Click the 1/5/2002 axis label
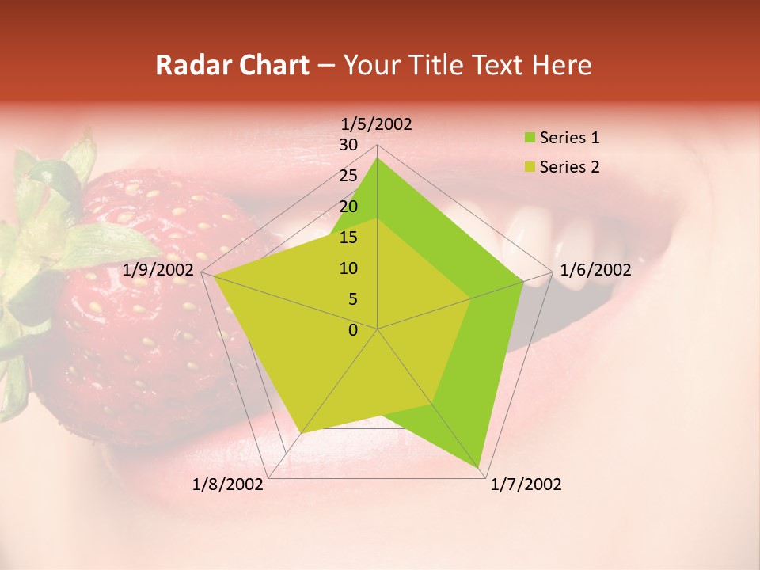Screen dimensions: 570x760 [x=377, y=124]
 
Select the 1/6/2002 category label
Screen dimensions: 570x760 [x=595, y=270]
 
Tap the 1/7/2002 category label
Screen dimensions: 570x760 [x=526, y=484]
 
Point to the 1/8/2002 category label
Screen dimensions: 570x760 [x=228, y=484]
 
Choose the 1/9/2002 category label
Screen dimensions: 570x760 [x=158, y=270]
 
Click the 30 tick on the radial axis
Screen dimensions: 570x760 [x=348, y=145]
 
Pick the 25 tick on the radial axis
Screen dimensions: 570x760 [x=348, y=176]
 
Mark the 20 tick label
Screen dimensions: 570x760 [x=348, y=207]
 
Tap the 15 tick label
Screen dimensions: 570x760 [x=348, y=237]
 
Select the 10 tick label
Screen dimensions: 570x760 [x=348, y=268]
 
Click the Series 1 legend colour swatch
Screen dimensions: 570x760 [x=530, y=139]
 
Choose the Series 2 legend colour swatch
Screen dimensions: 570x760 [x=530, y=167]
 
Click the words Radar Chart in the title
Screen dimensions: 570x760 [x=232, y=65]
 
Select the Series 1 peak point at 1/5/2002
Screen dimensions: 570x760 [x=378, y=158]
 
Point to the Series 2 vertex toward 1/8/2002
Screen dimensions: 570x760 [x=300, y=433]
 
